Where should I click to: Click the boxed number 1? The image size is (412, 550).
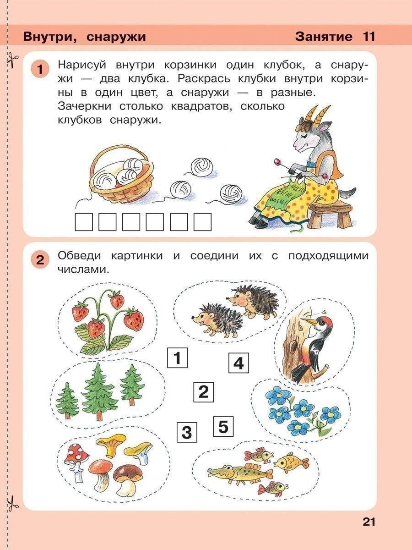178,358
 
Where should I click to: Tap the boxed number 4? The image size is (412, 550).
239,364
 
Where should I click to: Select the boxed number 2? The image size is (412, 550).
203,392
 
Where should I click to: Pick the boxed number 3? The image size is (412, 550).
186,432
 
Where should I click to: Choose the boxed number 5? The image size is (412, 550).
223,427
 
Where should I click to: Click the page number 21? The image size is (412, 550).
369,522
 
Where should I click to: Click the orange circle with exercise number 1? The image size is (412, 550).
40,70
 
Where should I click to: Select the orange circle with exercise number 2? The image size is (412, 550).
40,260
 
